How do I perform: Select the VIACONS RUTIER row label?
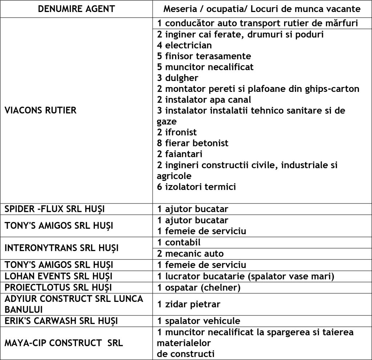tap(40, 110)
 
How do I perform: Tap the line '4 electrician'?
tap(184, 45)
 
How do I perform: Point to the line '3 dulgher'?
tap(178, 78)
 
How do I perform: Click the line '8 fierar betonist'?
tap(193, 143)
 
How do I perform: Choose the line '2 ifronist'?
tap(177, 132)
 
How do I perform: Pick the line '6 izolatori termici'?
tap(196, 187)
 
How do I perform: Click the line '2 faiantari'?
tap(179, 154)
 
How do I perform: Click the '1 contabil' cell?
tap(179, 242)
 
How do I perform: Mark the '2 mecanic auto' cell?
tap(190, 254)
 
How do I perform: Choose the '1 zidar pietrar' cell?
tap(189, 304)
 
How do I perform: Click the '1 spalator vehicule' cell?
tap(198, 321)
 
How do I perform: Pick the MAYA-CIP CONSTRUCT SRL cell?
tap(64, 343)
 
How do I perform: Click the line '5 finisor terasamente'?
tap(204, 56)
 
